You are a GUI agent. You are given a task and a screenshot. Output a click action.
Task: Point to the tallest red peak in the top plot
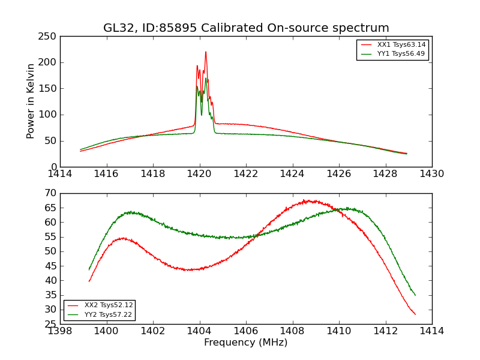point(206,52)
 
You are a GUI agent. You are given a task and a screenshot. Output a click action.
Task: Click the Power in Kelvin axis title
point(31,101)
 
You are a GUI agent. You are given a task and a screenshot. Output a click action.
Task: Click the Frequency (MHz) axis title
point(246,343)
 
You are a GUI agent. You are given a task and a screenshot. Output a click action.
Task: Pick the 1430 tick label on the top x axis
point(431,173)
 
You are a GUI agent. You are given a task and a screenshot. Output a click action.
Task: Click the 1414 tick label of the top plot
point(61,173)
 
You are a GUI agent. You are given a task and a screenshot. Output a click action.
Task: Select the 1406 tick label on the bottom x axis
point(246,331)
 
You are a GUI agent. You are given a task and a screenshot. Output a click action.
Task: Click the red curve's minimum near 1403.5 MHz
point(189,269)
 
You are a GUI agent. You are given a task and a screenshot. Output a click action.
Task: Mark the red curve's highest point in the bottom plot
point(306,201)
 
